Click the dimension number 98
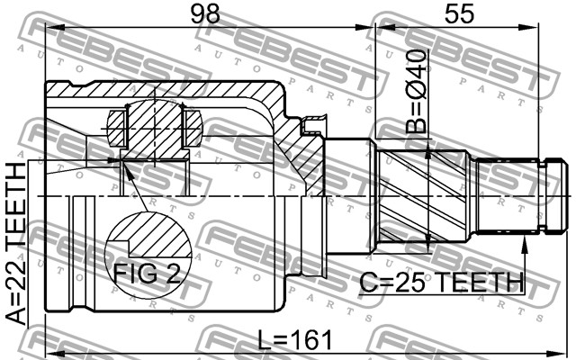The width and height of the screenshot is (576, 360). pyautogui.click(x=205, y=13)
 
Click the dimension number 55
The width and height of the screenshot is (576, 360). pyautogui.click(x=459, y=13)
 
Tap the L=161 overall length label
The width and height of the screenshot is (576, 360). pyautogui.click(x=294, y=340)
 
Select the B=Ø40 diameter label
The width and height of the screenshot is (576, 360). pyautogui.click(x=417, y=91)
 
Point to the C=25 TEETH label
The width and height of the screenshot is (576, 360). pyautogui.click(x=441, y=282)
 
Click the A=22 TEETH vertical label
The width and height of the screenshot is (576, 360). pyautogui.click(x=17, y=244)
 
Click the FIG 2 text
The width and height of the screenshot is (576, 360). pyautogui.click(x=147, y=273)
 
